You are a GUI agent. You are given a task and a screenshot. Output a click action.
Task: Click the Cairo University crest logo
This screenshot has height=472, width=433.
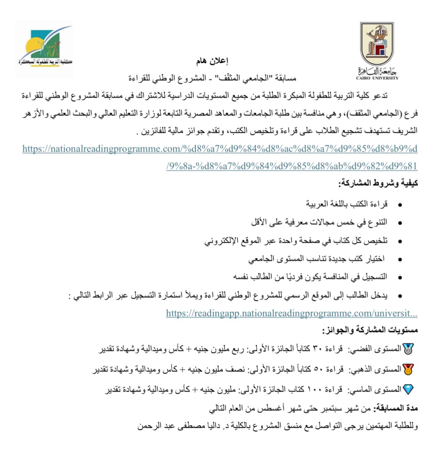[x=377, y=44]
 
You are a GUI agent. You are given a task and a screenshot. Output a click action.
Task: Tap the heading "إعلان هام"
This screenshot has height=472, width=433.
[x=212, y=61]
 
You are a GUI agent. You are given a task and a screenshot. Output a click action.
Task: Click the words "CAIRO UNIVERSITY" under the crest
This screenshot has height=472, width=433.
[x=377, y=78]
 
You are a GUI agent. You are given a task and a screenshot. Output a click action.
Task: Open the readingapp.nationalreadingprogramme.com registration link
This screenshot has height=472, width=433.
[x=291, y=313]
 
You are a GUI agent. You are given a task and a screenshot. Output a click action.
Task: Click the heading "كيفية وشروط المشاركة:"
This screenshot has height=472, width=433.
[x=378, y=183]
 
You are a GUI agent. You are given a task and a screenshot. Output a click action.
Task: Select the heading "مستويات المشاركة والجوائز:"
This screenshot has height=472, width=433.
[x=370, y=330]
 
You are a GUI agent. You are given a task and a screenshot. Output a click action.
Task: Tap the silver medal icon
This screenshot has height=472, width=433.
[x=408, y=349]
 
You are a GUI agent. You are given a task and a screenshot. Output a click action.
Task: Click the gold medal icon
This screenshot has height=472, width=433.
[x=408, y=369]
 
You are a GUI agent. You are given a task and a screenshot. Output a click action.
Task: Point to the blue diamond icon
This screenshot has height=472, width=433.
[x=408, y=389]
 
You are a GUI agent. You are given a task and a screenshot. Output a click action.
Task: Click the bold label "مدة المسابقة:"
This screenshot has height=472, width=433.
[x=395, y=408]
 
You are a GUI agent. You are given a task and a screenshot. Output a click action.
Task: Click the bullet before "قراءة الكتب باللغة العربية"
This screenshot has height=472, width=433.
[x=400, y=205]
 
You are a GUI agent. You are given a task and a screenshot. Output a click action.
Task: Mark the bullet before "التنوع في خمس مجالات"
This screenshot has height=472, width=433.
[x=400, y=223]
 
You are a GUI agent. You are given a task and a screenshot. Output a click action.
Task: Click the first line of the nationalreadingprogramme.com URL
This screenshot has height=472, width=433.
[x=220, y=149]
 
